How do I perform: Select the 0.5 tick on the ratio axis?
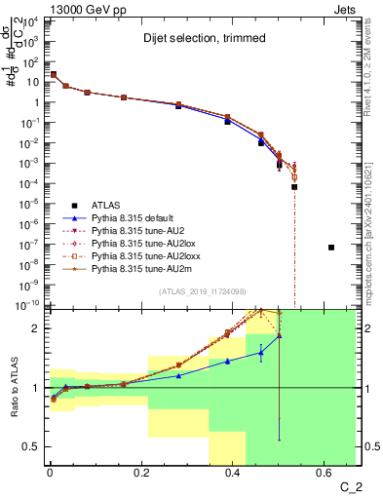(32, 446)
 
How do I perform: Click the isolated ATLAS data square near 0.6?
(331, 248)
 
